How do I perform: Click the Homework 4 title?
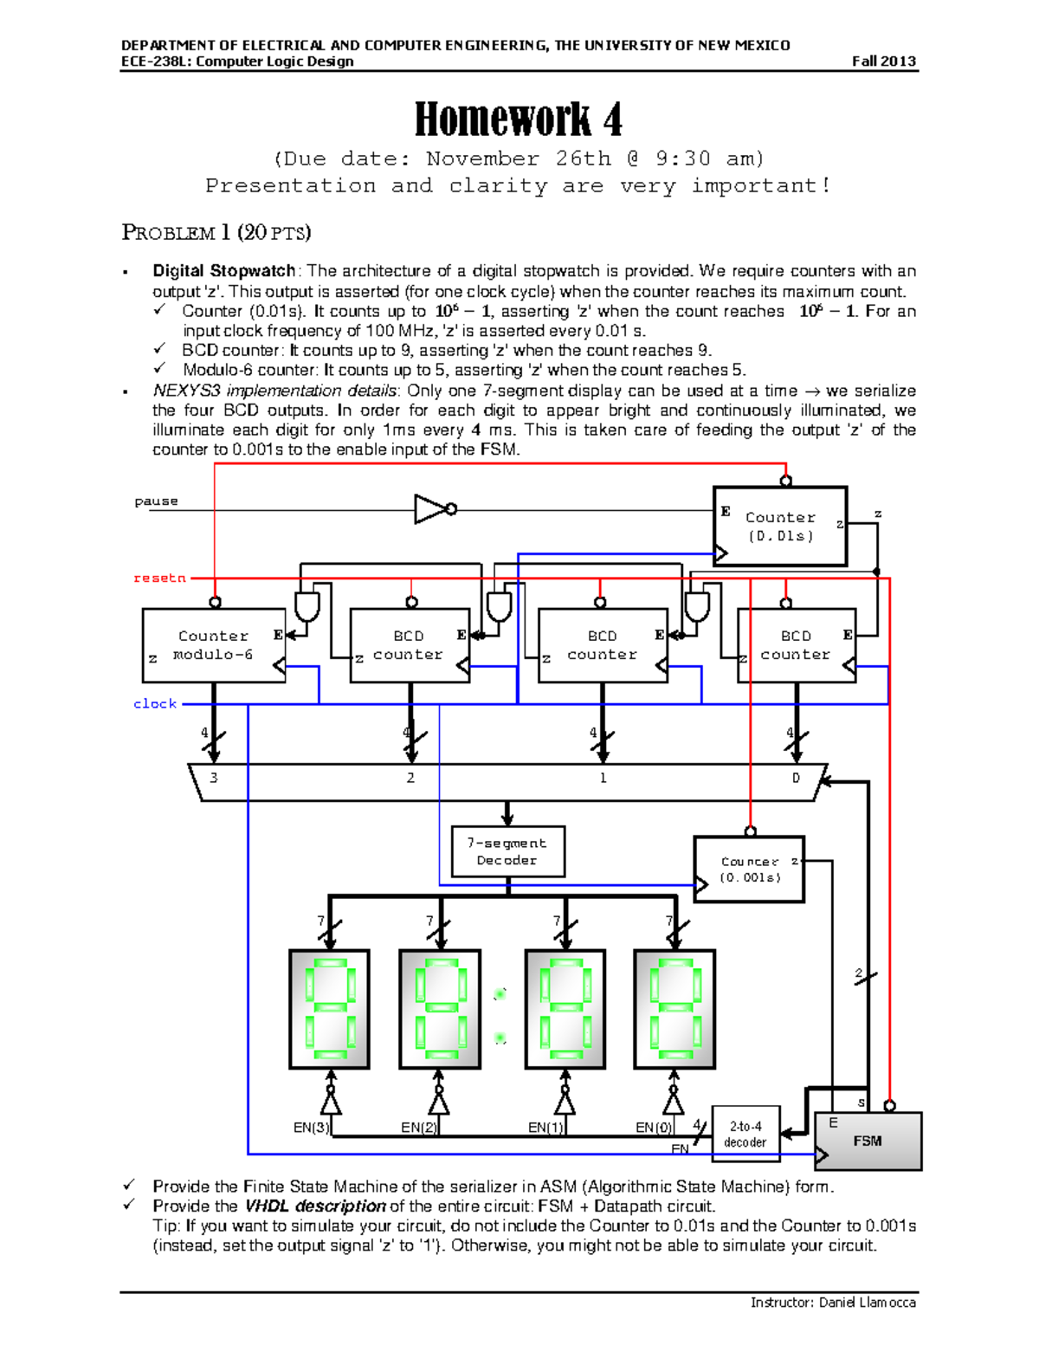pyautogui.click(x=518, y=120)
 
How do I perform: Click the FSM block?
pyautogui.click(x=868, y=1141)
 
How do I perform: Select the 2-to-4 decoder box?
pyautogui.click(x=745, y=1134)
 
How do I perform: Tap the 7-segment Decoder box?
pyautogui.click(x=507, y=851)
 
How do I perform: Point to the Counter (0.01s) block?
pyautogui.click(x=779, y=527)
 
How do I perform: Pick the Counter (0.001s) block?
pyautogui.click(x=750, y=870)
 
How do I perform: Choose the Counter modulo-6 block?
pyautogui.click(x=213, y=645)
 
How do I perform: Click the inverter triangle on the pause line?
pyautogui.click(x=431, y=509)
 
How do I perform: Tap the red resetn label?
pyautogui.click(x=159, y=578)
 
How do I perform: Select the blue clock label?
pyautogui.click(x=155, y=704)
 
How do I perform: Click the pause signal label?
pyautogui.click(x=156, y=501)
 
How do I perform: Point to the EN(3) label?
pyautogui.click(x=311, y=1128)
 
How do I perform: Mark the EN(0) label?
pyautogui.click(x=654, y=1128)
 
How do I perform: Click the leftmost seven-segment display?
pyautogui.click(x=329, y=1009)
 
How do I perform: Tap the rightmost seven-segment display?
pyautogui.click(x=674, y=1009)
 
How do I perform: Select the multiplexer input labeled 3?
pyautogui.click(x=214, y=778)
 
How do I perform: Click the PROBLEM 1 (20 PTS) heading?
pyautogui.click(x=216, y=232)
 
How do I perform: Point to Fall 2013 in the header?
pyautogui.click(x=883, y=61)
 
